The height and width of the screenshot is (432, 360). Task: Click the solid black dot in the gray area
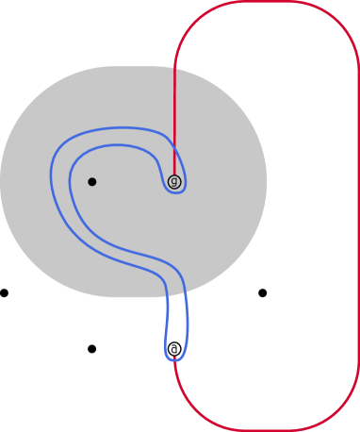91,181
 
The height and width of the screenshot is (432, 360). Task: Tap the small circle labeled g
174,181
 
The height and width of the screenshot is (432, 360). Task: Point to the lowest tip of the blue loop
175,360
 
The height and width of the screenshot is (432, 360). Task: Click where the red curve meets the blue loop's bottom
175,359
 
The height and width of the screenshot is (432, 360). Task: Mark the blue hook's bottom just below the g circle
175,192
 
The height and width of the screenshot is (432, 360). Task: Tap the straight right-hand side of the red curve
358,217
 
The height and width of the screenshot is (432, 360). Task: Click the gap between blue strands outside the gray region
176,325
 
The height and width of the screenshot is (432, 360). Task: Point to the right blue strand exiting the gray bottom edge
188,294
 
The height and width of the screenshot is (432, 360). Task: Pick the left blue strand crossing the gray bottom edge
167,294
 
